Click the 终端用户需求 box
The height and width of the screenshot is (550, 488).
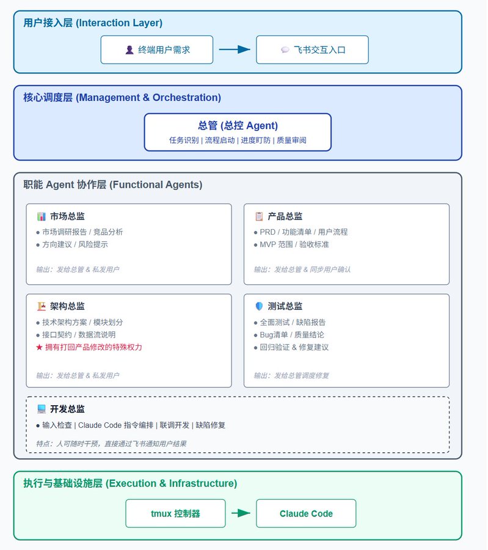click(157, 50)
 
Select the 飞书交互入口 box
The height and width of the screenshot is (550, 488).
click(312, 50)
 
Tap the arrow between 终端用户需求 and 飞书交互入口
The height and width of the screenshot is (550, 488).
click(235, 50)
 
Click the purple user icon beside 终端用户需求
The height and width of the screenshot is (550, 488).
click(129, 50)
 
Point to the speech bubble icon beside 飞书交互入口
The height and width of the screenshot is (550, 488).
click(285, 50)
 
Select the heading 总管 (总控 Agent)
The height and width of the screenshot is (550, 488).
click(238, 125)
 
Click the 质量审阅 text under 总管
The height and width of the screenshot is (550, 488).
click(291, 141)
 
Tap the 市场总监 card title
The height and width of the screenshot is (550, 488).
click(67, 216)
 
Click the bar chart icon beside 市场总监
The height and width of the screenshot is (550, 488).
click(42, 216)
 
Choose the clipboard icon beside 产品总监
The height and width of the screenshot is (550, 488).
click(259, 216)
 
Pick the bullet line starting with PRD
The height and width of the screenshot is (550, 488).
click(300, 232)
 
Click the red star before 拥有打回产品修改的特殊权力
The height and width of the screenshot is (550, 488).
click(39, 347)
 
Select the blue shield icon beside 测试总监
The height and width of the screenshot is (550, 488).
click(259, 306)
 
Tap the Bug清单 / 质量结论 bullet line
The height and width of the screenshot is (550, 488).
click(289, 335)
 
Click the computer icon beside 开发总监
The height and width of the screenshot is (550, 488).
click(42, 409)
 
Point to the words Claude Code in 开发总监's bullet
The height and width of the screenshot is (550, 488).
click(100, 425)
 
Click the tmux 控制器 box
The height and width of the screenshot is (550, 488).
click(175, 513)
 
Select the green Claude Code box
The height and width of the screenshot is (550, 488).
click(306, 513)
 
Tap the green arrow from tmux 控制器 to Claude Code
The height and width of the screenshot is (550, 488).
click(241, 513)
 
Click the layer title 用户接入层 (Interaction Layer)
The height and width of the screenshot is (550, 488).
click(93, 23)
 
